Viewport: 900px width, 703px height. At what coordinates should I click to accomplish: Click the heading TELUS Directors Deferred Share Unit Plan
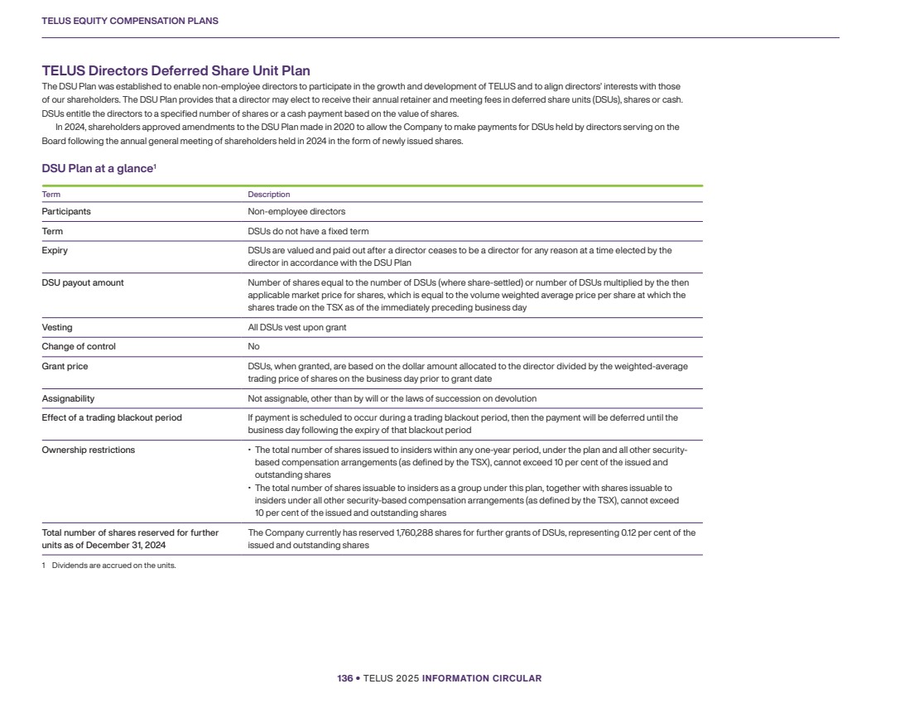[176, 71]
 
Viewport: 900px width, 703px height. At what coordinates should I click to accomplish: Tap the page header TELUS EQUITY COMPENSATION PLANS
[130, 21]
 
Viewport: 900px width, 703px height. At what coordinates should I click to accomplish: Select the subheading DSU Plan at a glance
[98, 169]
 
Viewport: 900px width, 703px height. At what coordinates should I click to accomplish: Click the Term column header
[51, 195]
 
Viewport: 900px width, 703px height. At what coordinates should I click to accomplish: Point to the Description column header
[269, 195]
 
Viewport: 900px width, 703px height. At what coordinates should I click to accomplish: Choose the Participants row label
[66, 211]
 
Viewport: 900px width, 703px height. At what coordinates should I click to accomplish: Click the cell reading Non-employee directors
[296, 211]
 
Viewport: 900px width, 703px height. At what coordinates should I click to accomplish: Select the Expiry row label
[55, 250]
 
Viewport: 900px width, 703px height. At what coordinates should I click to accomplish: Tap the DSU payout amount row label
[83, 282]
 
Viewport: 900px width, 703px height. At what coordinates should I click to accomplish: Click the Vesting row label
[57, 327]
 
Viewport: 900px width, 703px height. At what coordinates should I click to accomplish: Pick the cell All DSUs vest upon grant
[297, 327]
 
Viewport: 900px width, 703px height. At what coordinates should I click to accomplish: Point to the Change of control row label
[79, 346]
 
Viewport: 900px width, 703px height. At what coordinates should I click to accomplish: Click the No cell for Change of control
[253, 346]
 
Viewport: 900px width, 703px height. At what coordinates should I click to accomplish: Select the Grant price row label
[65, 366]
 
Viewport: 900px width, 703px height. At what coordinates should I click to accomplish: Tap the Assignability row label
[68, 398]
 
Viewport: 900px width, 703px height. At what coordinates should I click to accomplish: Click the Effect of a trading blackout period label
[112, 417]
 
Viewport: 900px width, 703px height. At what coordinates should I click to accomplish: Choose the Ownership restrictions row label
[89, 450]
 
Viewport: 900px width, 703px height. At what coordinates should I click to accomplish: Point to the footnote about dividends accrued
[109, 566]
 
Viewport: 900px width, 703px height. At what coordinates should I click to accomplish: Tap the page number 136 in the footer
[344, 678]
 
